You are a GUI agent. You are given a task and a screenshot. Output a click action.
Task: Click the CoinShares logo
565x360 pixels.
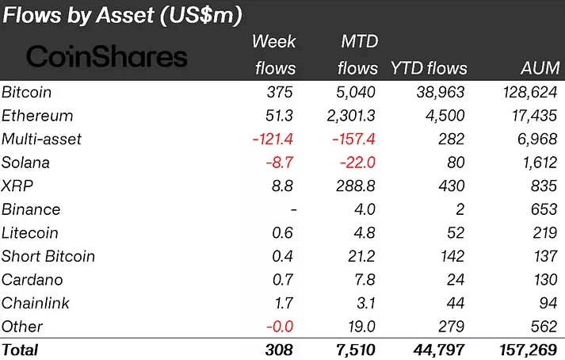point(107,56)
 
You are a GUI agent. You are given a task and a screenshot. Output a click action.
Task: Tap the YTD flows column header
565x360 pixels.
point(429,67)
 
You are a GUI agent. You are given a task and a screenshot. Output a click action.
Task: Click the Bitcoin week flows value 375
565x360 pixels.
point(281,93)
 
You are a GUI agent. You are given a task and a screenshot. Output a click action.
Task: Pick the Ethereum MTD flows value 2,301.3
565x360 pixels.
point(346,116)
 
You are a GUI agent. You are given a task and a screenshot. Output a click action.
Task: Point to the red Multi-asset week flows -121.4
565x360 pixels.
point(273,140)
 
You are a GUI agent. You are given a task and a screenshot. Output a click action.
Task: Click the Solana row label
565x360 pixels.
point(26,163)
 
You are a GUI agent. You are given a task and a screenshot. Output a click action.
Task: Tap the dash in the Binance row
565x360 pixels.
point(292,210)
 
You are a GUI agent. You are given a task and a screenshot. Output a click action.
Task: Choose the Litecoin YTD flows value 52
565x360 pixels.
point(455,233)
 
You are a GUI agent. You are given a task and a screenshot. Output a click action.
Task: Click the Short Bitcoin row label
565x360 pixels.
point(48,256)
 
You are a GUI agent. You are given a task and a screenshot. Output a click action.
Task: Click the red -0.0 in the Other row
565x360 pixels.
point(280,327)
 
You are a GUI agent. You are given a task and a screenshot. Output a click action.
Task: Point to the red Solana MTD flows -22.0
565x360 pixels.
point(357,163)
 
